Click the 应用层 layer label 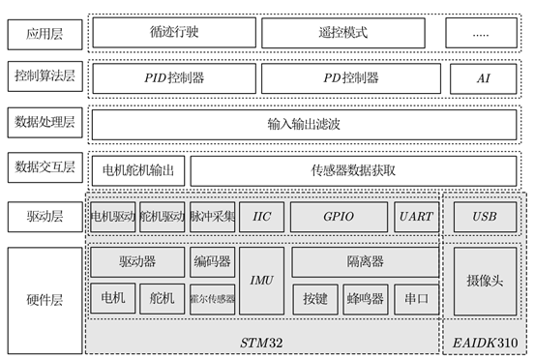point(44,32)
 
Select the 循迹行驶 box point(175,32)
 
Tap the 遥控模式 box point(343,32)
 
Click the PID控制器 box point(175,77)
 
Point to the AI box point(484,77)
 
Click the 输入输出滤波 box point(305,124)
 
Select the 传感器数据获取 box point(352,170)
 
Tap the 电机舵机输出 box point(136,170)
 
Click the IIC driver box point(261,217)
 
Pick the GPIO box point(339,217)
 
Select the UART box point(416,217)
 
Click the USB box point(484,217)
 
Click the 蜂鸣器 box point(364,299)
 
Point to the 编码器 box point(212,261)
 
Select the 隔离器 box point(365,261)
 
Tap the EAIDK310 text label point(484,343)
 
